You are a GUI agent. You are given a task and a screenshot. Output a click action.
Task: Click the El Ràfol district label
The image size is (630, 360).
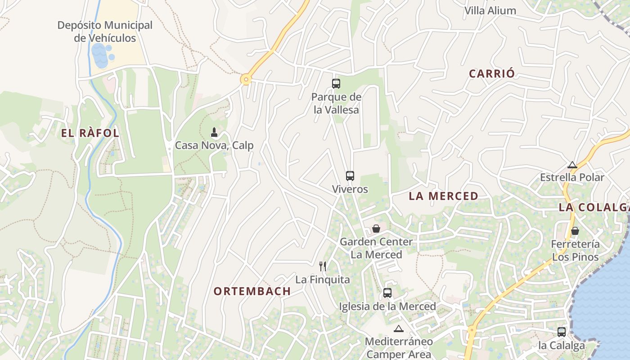(90, 133)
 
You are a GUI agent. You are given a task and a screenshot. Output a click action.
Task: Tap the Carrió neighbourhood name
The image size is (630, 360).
(492, 74)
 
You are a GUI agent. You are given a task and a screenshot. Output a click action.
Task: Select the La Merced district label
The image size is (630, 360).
(443, 196)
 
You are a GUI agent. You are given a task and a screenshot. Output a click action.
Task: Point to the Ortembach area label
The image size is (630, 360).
(252, 291)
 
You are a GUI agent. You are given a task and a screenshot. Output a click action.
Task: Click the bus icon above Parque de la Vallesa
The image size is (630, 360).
(336, 84)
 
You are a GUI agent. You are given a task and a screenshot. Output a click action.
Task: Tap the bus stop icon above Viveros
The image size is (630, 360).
(350, 176)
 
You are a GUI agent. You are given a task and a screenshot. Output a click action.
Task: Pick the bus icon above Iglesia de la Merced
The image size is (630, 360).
(387, 293)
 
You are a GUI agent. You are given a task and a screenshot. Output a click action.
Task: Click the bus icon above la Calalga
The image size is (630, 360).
(562, 332)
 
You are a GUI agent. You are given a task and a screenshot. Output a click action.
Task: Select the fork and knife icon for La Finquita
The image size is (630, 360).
(322, 266)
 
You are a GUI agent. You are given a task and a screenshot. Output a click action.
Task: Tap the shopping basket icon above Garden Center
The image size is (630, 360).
(376, 229)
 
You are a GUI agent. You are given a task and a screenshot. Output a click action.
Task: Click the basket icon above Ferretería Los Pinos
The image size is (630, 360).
(575, 231)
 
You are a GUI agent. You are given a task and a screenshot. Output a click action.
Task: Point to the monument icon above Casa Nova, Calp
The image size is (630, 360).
(214, 132)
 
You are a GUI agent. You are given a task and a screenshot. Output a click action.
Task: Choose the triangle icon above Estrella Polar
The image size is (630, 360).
(572, 165)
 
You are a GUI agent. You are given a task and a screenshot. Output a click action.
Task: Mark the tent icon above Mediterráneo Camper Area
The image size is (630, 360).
(398, 328)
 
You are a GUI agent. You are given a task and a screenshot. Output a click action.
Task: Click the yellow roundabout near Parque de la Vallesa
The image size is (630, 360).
(246, 80)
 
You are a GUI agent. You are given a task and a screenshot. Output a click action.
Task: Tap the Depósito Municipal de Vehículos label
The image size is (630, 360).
(105, 31)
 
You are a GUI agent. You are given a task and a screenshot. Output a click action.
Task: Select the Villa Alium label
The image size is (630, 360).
(490, 11)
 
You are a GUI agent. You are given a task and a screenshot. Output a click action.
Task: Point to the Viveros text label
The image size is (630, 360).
(350, 189)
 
